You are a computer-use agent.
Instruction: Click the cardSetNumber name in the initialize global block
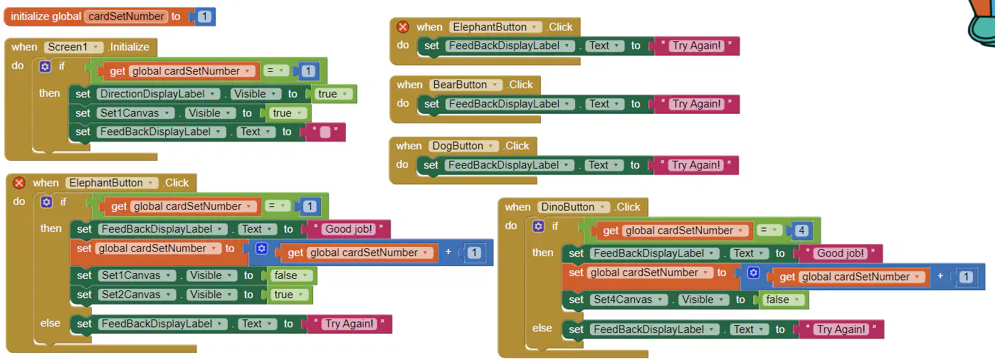126,16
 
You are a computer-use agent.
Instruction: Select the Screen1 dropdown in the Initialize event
73,47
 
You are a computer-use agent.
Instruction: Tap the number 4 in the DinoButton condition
801,231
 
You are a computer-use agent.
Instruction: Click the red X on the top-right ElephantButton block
403,27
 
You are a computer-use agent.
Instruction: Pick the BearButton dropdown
465,85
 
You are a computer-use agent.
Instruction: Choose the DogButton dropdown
463,146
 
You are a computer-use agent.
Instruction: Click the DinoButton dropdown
572,207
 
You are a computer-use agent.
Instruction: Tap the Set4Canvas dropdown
628,300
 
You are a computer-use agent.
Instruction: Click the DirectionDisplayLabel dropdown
157,94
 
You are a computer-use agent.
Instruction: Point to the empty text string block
325,132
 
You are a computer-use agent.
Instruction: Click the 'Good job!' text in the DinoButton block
841,253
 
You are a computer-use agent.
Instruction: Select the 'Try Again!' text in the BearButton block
696,104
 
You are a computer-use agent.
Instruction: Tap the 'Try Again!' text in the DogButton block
695,165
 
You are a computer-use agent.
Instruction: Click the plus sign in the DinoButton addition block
940,276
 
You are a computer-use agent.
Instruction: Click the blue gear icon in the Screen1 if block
45,67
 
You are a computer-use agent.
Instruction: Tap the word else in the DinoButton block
542,328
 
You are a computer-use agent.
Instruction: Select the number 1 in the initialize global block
204,16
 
